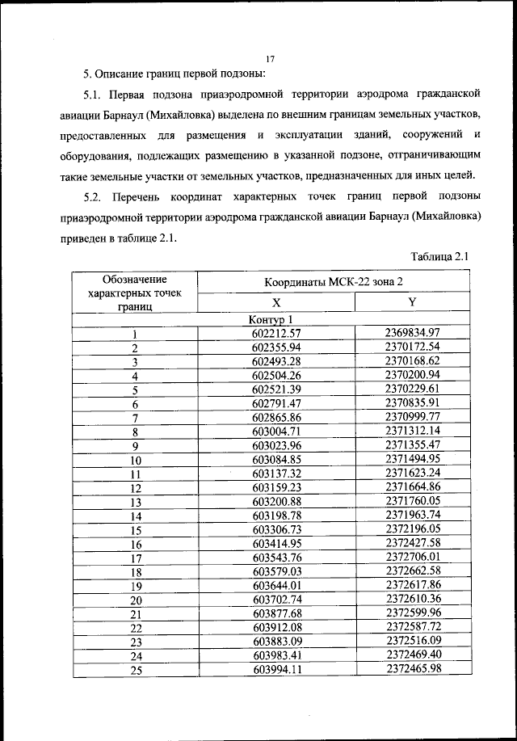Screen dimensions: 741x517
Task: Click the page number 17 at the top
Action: click(270, 57)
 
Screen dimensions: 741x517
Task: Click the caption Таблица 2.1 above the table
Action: click(439, 256)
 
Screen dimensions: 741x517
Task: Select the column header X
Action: click(275, 302)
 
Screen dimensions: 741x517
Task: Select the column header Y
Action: click(412, 302)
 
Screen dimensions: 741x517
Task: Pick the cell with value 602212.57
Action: click(275, 333)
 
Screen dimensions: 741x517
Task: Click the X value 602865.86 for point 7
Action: click(275, 417)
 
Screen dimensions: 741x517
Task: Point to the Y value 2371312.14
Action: click(412, 431)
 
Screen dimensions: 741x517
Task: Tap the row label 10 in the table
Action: click(136, 460)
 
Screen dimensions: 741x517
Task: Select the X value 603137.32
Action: click(275, 474)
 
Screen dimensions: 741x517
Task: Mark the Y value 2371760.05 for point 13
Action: click(412, 501)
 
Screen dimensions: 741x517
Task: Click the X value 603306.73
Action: click(275, 529)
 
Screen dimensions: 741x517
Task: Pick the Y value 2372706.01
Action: click(412, 557)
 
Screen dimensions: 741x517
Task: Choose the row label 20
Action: click(136, 600)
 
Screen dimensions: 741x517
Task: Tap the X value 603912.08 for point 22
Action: click(275, 628)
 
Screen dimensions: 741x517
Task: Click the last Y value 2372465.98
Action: click(412, 669)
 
